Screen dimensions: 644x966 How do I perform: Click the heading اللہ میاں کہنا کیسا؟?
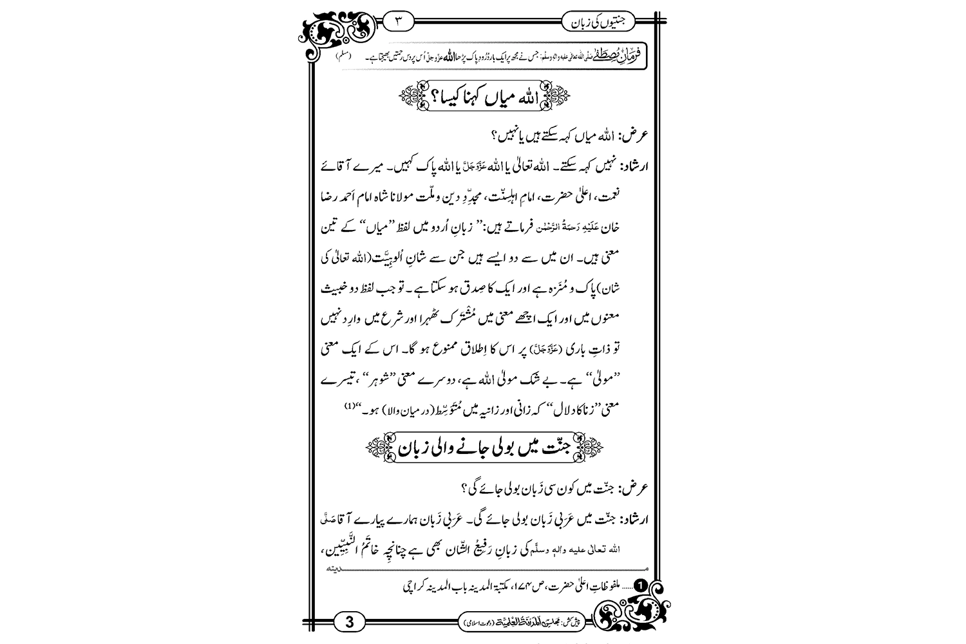click(485, 99)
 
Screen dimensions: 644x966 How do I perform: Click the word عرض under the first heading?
click(632, 136)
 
